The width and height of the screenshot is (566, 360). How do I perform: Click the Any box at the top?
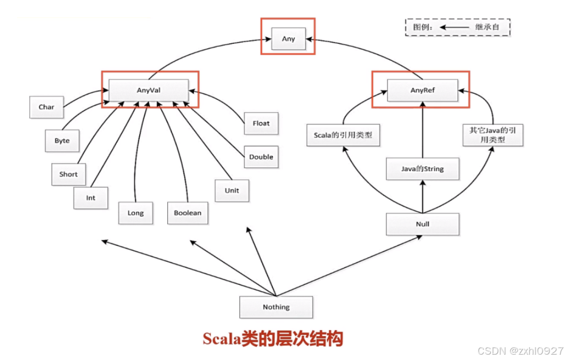point(288,39)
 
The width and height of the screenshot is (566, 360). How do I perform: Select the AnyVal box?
point(149,90)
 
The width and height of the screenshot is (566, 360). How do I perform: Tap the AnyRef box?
point(423,90)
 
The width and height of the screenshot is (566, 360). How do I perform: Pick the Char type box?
point(46,107)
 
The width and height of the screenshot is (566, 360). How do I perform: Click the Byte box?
point(62,141)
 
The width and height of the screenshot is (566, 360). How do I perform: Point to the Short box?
point(68,174)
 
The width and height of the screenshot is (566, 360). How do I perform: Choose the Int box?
point(91,197)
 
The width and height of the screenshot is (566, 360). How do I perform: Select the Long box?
point(135,213)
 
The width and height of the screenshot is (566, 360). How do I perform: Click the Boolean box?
point(188,213)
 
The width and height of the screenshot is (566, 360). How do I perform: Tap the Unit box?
point(232,190)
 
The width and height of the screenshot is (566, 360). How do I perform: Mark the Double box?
point(261,157)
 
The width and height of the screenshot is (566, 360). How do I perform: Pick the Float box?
point(261,123)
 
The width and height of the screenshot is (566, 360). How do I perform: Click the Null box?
point(423,224)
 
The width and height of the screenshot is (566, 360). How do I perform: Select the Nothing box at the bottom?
point(276,307)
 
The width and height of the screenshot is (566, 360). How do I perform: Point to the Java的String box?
point(423,169)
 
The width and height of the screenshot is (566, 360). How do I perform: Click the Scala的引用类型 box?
point(343,135)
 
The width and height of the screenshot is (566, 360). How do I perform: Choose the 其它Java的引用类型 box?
point(492,135)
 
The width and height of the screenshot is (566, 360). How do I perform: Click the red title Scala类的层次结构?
point(273,339)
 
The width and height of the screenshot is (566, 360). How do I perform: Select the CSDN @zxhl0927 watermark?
point(520,351)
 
